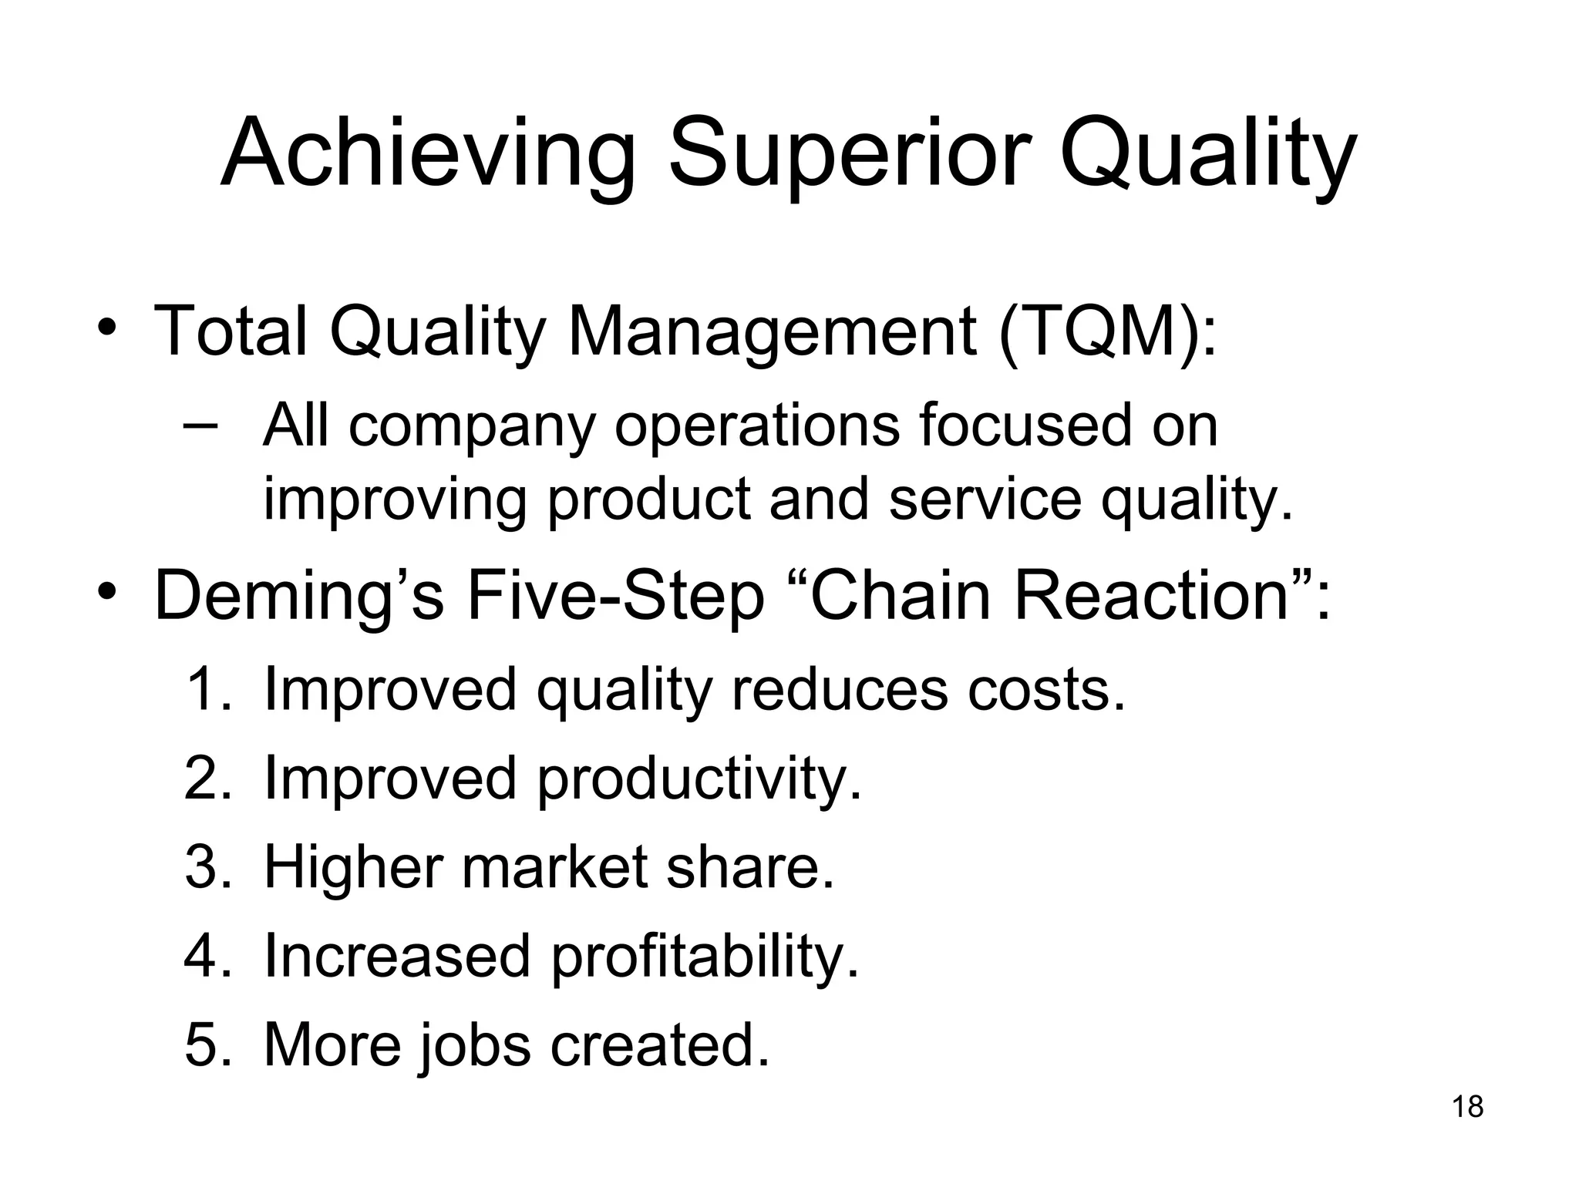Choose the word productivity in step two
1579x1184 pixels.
coord(699,779)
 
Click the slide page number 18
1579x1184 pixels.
coord(1467,1107)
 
